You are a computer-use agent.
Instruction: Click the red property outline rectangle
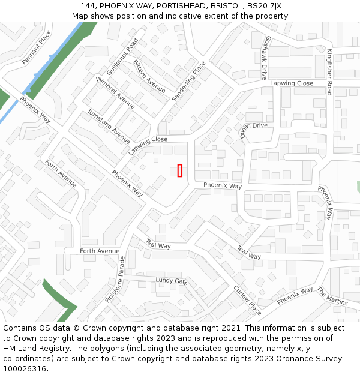pos(179,170)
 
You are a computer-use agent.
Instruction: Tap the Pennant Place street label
pos(37,48)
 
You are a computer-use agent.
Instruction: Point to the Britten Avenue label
pos(149,76)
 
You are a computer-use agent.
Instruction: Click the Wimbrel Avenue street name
pos(115,92)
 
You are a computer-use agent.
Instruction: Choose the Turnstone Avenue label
pos(109,126)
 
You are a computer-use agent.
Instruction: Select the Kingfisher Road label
pos(329,72)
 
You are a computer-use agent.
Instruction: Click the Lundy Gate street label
pos(172,281)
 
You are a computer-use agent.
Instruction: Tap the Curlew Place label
pos(247,300)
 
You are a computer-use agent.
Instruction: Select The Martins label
pos(332,296)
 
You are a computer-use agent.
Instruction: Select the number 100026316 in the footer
pos(25,369)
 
